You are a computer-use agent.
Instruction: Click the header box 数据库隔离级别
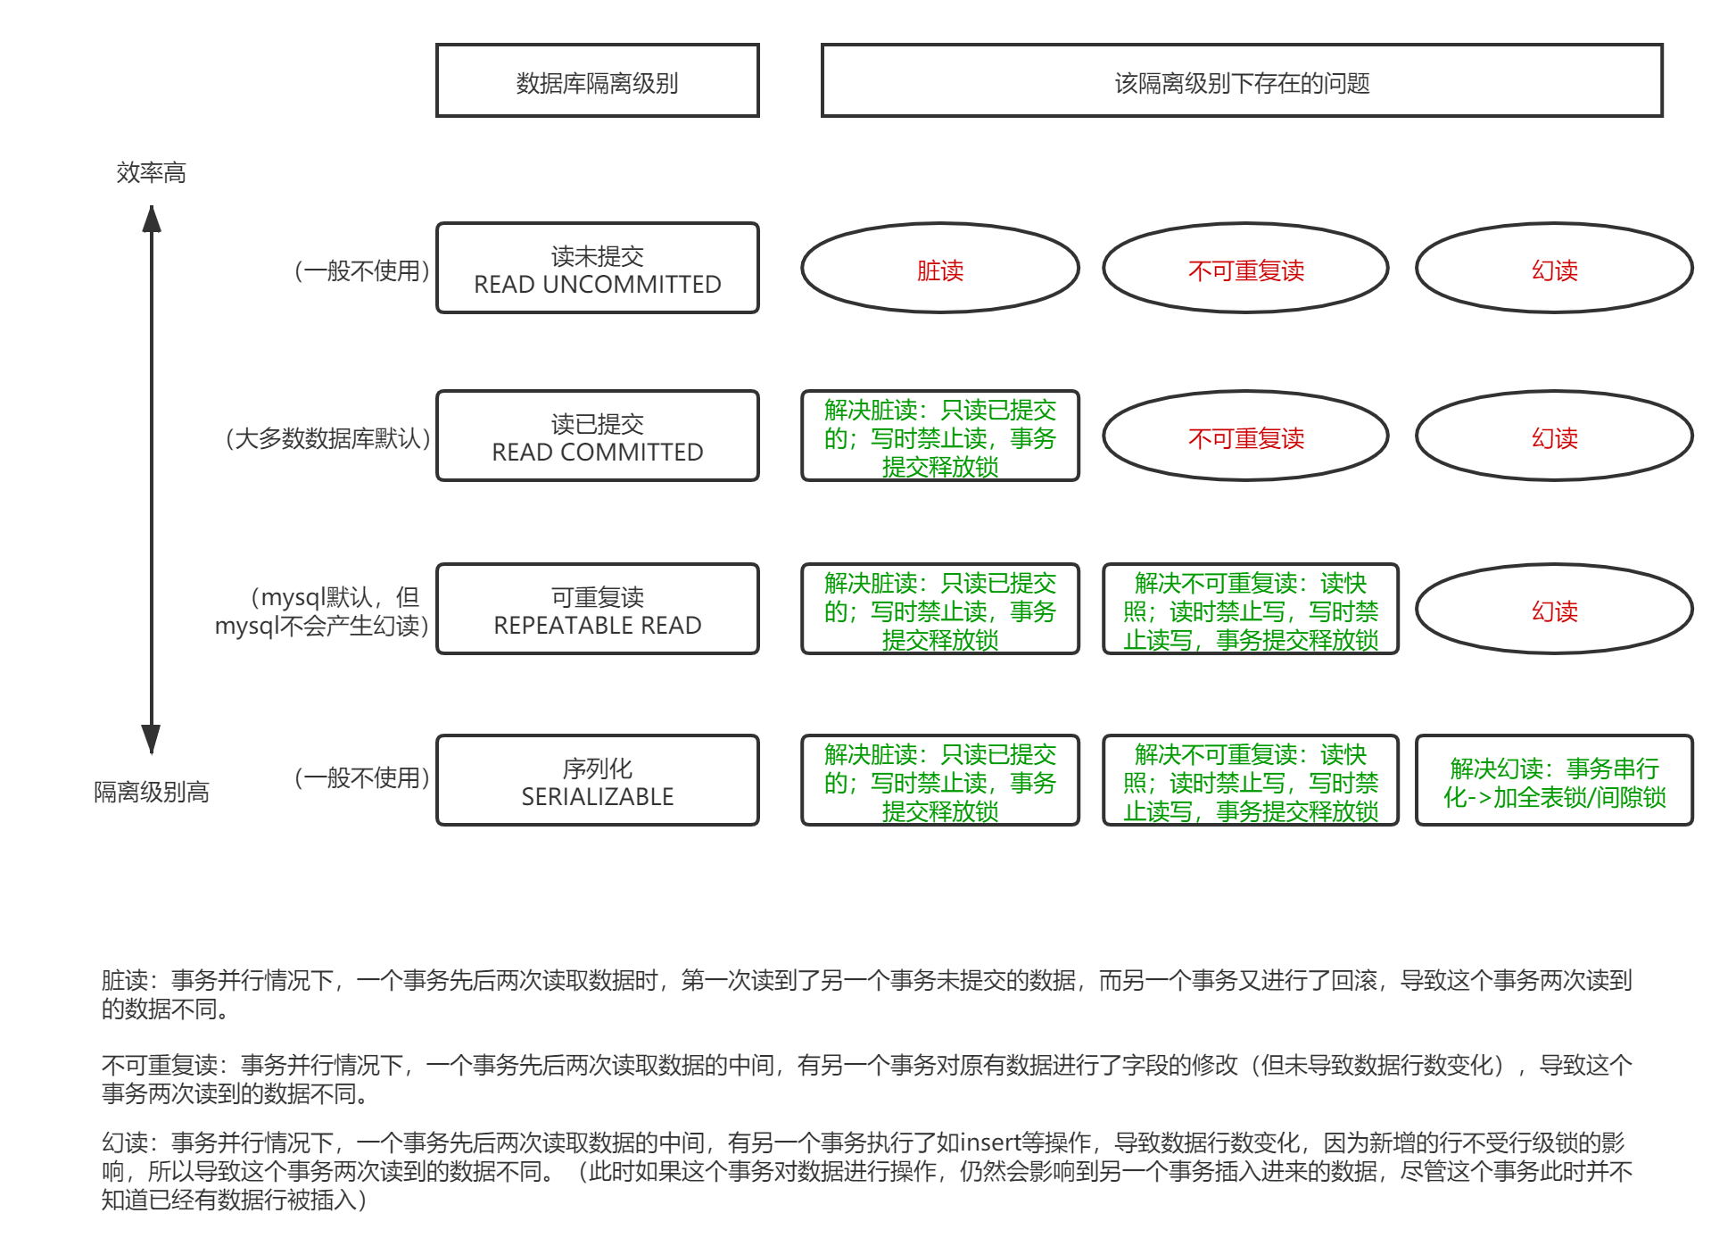coord(597,81)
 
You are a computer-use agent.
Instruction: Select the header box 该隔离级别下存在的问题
coord(1242,81)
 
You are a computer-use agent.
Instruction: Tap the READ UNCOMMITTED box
coord(597,269)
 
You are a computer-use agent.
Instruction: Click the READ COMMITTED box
coord(597,436)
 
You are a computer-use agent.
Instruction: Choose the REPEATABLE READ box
coord(597,610)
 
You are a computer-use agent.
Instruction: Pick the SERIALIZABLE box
coord(597,781)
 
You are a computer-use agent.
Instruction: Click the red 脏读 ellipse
coord(939,269)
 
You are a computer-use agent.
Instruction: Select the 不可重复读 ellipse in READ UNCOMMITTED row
coord(1245,269)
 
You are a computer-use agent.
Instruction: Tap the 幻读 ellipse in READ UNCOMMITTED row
coord(1554,269)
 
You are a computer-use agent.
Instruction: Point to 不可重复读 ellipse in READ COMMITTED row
coord(1245,436)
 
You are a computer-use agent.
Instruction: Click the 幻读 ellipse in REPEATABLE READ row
coord(1554,610)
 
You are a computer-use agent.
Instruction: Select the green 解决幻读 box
coord(1554,781)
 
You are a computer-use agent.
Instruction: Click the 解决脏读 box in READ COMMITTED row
coord(939,436)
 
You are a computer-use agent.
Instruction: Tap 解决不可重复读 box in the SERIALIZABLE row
coord(1250,781)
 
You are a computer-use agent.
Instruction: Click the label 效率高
coord(151,172)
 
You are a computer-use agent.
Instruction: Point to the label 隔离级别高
coord(151,792)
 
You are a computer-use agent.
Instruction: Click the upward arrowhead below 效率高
coord(152,219)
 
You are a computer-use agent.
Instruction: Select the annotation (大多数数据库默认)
coord(327,438)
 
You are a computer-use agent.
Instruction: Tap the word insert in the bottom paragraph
coord(989,1142)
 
